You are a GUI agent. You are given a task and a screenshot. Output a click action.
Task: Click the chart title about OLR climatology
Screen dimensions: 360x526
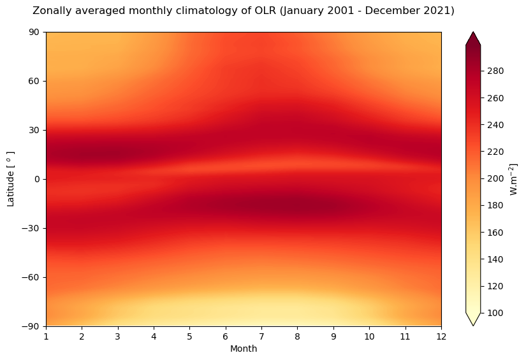234,11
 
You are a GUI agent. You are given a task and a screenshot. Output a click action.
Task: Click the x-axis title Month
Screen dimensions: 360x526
244,349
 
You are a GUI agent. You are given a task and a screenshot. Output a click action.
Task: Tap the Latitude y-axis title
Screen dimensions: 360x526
10,179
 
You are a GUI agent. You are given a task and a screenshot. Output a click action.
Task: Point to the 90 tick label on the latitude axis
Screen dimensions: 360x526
35,32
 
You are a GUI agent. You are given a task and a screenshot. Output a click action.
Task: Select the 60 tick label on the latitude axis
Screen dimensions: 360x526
35,82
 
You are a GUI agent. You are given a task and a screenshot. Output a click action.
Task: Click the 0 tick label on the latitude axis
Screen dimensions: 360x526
38,179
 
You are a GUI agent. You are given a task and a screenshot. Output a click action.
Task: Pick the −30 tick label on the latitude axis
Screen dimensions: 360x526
33,228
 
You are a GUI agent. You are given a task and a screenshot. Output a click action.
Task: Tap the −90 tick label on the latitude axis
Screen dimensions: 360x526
33,326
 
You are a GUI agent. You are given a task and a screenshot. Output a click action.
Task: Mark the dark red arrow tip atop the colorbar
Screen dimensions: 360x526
473,39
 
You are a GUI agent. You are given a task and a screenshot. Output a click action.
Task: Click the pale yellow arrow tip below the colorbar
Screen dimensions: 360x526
473,319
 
